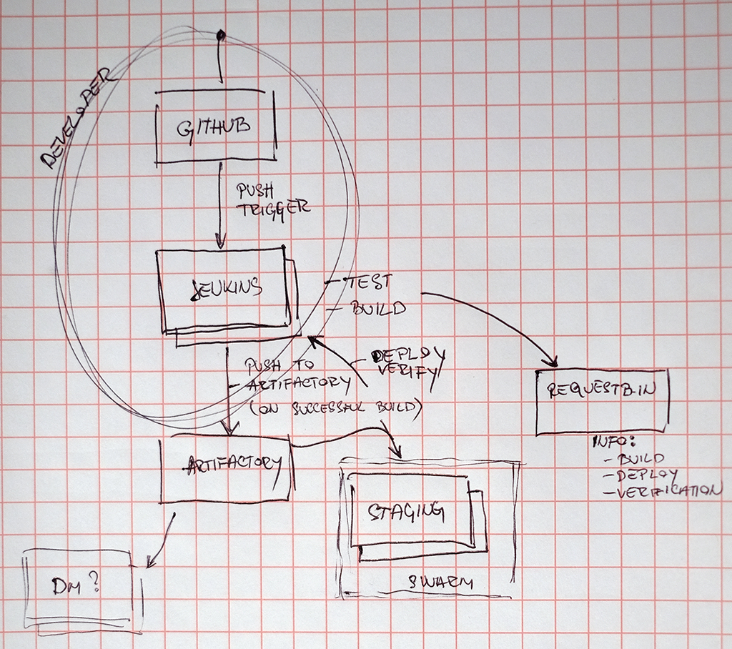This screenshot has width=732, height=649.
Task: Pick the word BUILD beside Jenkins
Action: click(377, 309)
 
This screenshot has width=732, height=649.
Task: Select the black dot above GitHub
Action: click(221, 34)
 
